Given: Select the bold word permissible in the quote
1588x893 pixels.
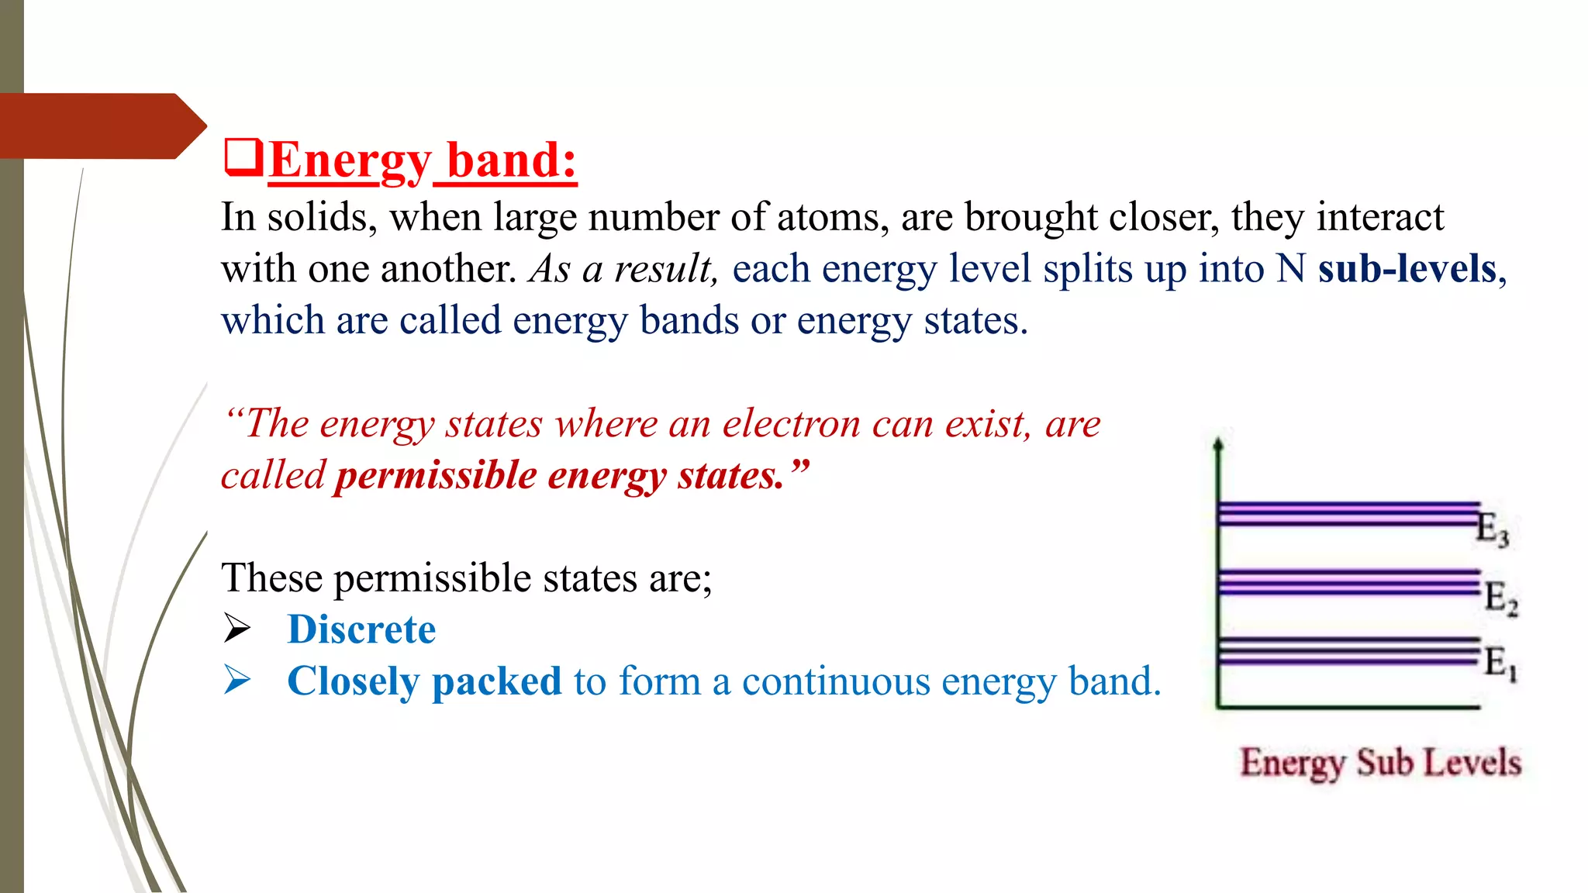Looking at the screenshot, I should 435,475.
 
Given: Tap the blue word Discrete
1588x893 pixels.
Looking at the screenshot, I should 361,629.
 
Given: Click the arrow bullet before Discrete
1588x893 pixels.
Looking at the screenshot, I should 236,629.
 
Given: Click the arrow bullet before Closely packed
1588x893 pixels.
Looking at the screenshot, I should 236,681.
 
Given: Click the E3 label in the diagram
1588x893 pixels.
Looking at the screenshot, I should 1492,530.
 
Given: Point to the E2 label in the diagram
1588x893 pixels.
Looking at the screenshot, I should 1500,598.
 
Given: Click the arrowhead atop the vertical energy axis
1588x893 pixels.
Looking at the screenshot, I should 1218,444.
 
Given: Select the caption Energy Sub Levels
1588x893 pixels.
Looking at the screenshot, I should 1380,763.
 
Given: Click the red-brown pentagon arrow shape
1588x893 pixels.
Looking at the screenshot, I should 101,126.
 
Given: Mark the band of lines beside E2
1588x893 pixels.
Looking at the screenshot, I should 1348,582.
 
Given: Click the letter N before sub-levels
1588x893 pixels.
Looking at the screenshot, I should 1291,269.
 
